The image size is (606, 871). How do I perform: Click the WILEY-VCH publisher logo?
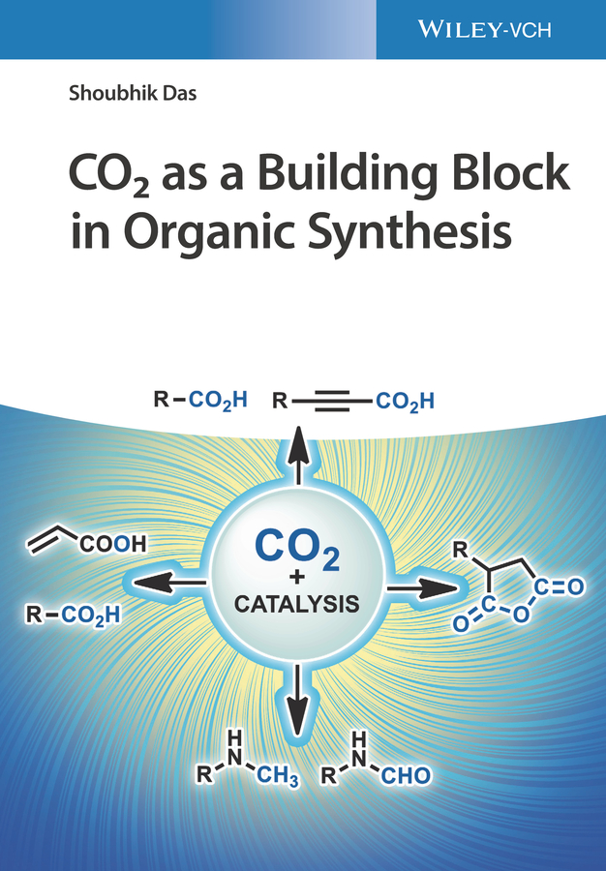(x=484, y=29)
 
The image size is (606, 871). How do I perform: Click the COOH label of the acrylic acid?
(x=113, y=544)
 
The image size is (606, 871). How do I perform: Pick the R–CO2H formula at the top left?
(x=200, y=399)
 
